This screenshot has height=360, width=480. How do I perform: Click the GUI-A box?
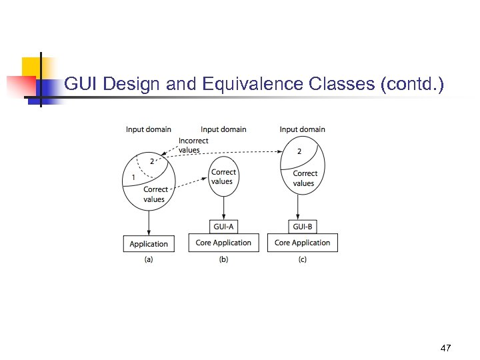(223, 227)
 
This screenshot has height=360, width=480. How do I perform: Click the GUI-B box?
(303, 227)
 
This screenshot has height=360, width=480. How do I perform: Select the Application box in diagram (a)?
(149, 243)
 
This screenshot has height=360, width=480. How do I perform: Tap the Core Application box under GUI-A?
(223, 243)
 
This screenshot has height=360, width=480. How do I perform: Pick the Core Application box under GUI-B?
(303, 243)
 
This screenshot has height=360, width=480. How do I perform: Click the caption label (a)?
(149, 260)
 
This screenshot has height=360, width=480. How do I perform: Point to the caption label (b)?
(223, 260)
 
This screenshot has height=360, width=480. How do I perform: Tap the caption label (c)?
(303, 260)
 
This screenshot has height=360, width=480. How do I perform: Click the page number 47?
(446, 348)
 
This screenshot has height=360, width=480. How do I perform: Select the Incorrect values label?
(193, 145)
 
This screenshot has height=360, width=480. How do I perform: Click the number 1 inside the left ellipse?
(134, 177)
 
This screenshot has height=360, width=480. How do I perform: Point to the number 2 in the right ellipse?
(299, 151)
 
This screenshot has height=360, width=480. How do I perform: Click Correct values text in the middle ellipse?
(223, 177)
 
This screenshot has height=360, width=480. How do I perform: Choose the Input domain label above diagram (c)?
(303, 129)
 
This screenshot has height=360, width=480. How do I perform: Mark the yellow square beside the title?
(31, 67)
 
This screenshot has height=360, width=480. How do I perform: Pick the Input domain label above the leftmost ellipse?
(149, 129)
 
